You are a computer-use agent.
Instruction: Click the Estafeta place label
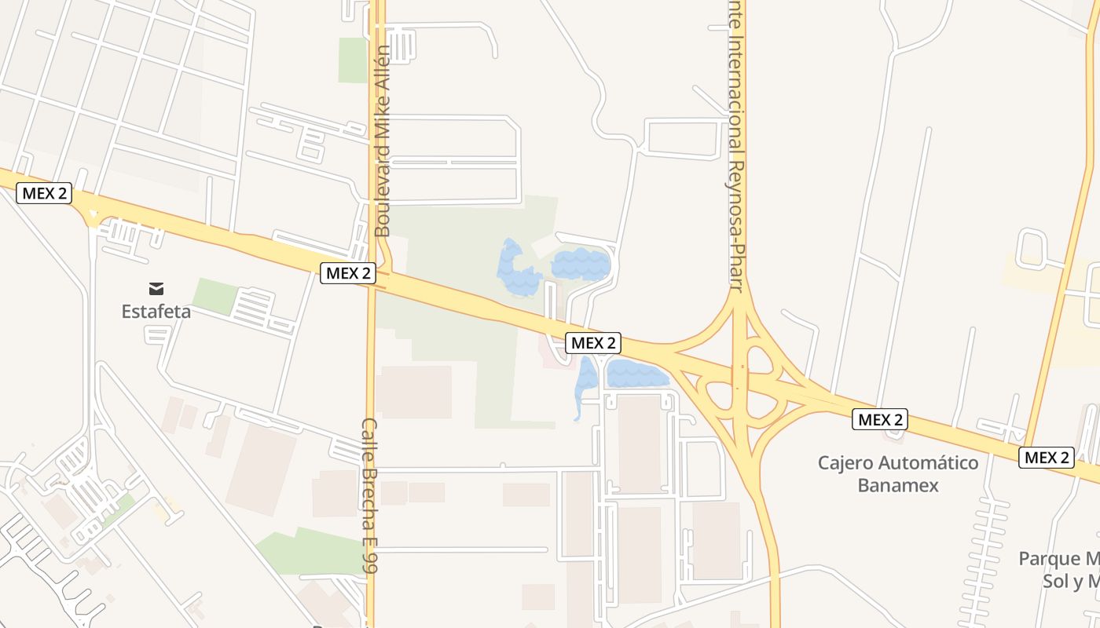point(156,312)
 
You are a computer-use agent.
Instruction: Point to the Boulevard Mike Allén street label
point(383,141)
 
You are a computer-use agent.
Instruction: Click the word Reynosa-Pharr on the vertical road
point(735,227)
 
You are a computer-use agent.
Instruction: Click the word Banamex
point(898,485)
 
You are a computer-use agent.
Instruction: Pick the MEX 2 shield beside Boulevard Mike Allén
point(348,273)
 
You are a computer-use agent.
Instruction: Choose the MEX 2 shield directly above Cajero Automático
point(880,419)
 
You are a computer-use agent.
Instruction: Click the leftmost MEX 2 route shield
point(44,193)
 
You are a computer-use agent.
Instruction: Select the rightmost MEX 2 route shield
point(1046,457)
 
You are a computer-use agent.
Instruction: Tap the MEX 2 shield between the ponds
point(593,343)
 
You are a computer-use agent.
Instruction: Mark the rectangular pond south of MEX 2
point(636,374)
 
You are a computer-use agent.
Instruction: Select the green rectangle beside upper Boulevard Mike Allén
point(353,60)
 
